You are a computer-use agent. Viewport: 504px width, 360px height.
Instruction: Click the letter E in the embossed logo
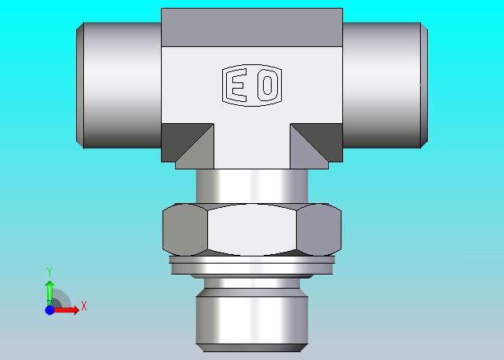pyautogui.click(x=239, y=85)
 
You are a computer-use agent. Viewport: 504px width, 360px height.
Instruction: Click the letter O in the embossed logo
pyautogui.click(x=268, y=85)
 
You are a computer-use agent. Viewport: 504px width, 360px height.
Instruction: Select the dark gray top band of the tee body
pyautogui.click(x=252, y=27)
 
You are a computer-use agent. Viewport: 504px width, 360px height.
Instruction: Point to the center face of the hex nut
pyautogui.click(x=252, y=230)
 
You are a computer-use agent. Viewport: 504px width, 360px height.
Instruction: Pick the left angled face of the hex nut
pyautogui.click(x=185, y=230)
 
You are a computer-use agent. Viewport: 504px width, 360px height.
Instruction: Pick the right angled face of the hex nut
pyautogui.click(x=319, y=230)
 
